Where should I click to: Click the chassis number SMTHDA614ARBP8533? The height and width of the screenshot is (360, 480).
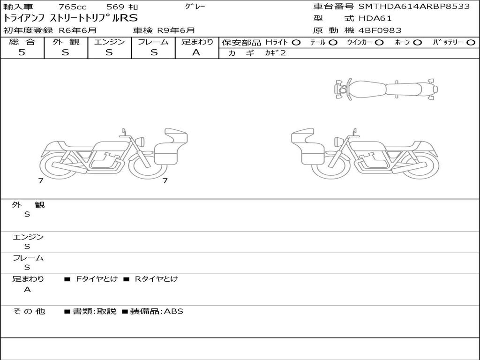(414, 7)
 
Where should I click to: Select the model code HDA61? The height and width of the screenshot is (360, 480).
(375, 18)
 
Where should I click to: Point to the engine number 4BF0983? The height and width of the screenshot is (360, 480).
(380, 30)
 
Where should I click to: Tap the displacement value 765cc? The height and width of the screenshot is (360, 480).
(73, 7)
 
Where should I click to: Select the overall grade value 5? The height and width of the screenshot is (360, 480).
(22, 52)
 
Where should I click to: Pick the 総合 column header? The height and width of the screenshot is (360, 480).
(22, 42)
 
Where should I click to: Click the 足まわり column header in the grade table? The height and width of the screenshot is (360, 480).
(197, 42)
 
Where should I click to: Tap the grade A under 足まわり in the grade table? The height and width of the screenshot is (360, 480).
(196, 52)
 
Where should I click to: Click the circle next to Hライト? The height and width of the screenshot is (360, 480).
(296, 43)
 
